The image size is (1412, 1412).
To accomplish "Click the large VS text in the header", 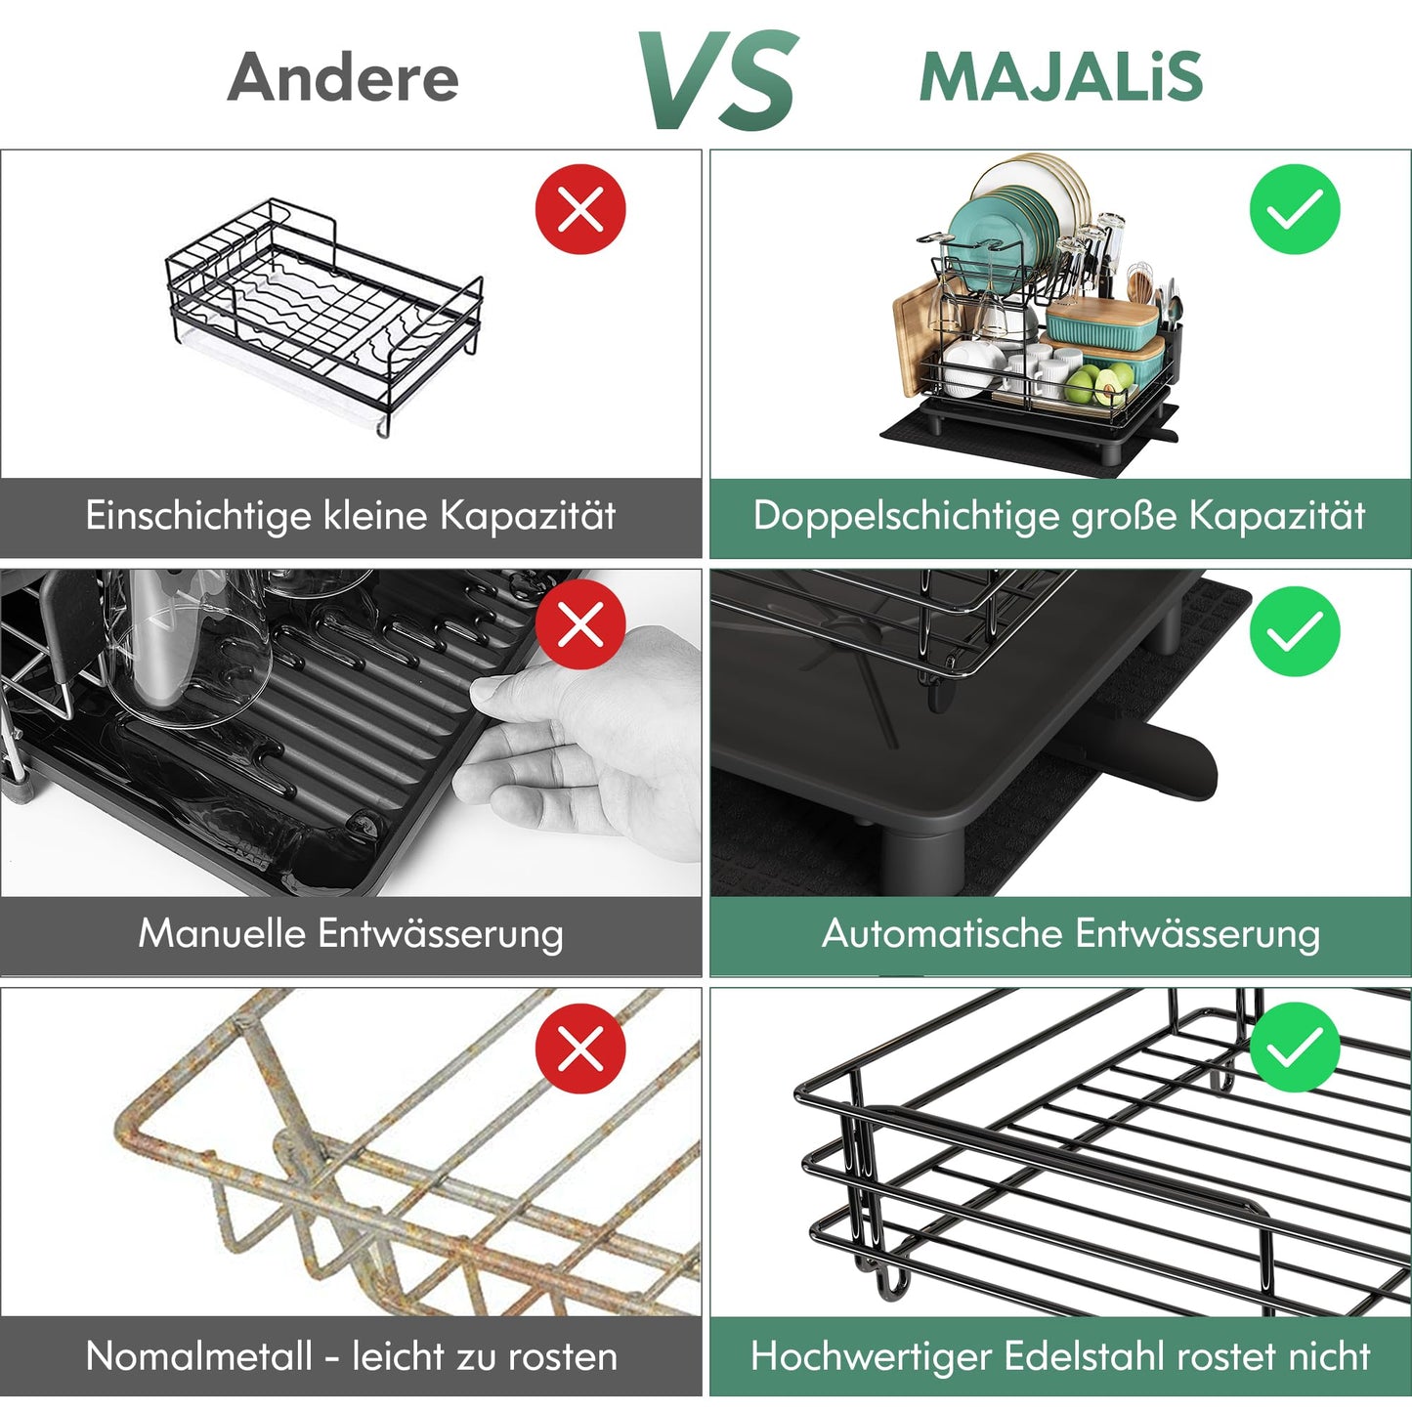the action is coord(717,80).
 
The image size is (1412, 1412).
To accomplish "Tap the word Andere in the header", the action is coord(343,77).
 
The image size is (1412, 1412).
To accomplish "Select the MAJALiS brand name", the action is coord(1060,77).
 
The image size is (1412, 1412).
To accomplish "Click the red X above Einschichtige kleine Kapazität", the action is coord(580,209).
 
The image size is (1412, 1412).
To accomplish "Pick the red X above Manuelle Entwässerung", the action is coord(580,623).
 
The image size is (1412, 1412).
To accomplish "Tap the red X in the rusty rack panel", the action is coord(580,1048).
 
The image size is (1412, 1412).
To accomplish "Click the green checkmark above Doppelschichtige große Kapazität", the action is coord(1295,209).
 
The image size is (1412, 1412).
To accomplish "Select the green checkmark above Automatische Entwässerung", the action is coord(1295,631).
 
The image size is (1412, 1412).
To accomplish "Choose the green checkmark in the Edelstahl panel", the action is coord(1295,1048).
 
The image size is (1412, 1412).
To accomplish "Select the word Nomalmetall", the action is coord(198,1356).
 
